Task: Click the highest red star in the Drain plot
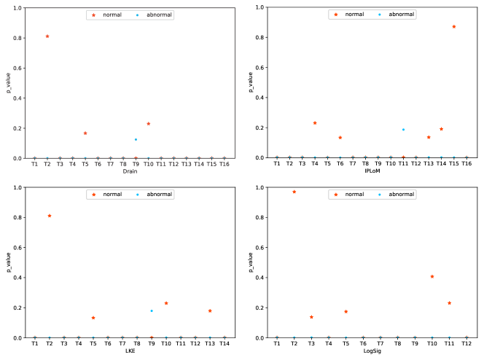[47, 36]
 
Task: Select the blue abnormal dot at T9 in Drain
[136, 139]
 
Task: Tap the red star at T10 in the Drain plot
[149, 124]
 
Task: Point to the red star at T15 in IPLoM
[454, 27]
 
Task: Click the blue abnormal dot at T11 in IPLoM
[403, 130]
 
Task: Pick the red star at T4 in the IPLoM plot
[315, 123]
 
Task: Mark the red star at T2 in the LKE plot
[50, 216]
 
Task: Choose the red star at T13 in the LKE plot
[210, 311]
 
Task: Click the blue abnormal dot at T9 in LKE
[152, 311]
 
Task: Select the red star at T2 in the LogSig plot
[294, 192]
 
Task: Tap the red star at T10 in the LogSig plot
[432, 277]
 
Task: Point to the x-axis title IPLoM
[372, 172]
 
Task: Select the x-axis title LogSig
[372, 352]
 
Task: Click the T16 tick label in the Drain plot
[225, 165]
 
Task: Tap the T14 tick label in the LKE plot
[225, 345]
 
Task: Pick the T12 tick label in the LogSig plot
[467, 345]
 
